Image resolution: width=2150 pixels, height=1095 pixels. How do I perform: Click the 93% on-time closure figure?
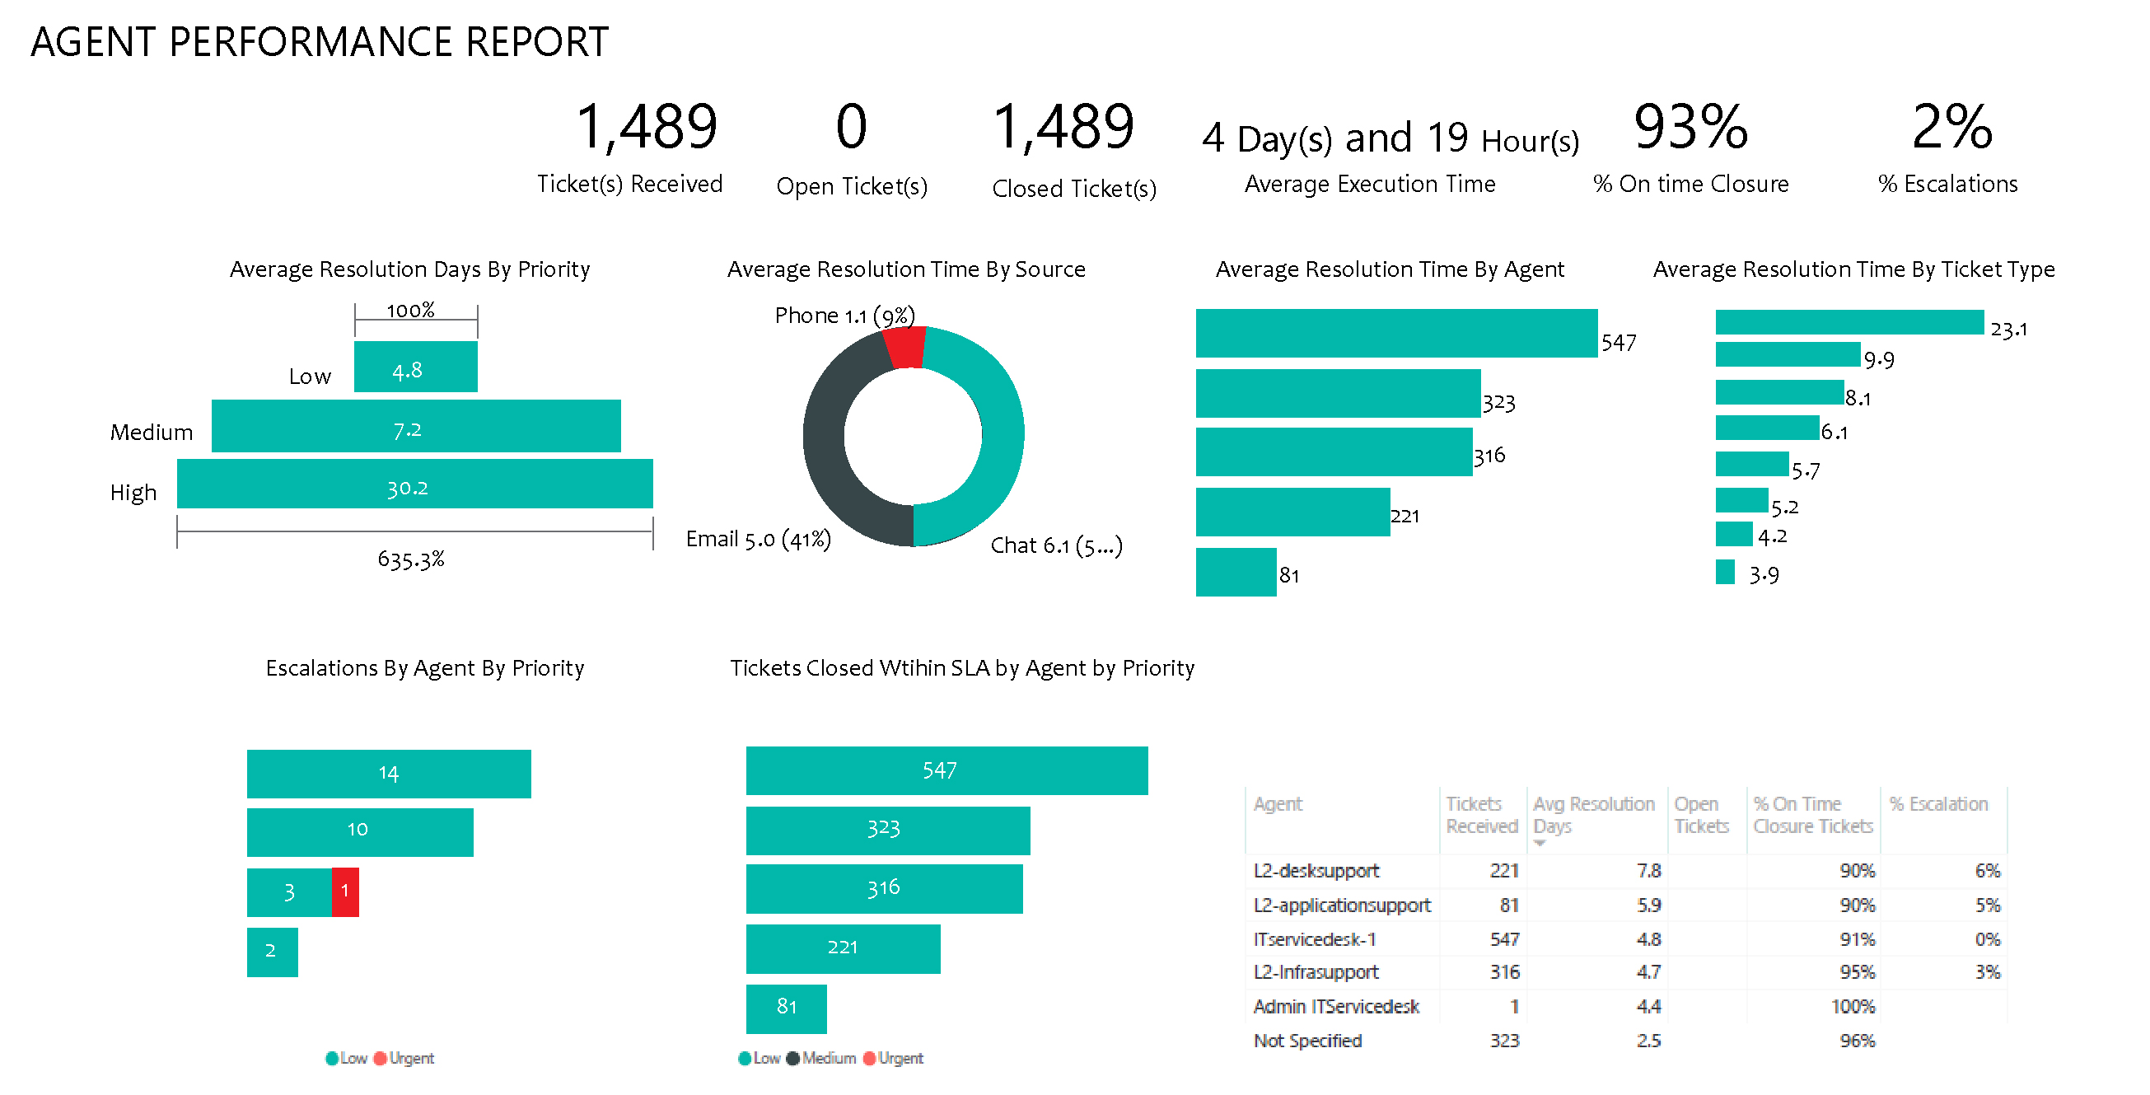pos(1690,127)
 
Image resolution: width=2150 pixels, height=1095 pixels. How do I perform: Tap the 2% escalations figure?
pos(1951,127)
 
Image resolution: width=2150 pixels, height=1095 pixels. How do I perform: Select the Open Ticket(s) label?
pos(851,186)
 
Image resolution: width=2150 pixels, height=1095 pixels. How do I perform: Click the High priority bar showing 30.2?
pos(414,484)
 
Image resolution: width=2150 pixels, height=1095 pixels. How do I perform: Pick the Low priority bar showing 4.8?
pos(415,367)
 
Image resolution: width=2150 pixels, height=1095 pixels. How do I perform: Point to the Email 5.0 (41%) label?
pos(758,539)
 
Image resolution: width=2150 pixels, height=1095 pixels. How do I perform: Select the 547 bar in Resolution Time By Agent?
pos(1395,333)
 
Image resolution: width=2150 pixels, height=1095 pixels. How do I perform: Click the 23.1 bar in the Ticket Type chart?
pos(1849,322)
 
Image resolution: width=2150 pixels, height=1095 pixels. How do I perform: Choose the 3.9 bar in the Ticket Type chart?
pos(1724,573)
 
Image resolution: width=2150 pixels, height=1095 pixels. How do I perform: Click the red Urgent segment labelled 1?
pos(344,892)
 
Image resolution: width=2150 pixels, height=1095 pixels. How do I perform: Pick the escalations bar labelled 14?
pos(388,774)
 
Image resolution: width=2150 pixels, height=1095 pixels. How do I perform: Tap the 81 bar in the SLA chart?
pos(785,1008)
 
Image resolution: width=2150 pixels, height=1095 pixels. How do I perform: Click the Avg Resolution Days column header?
pos(1592,815)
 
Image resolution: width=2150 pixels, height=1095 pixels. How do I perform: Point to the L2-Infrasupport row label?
pos(1316,972)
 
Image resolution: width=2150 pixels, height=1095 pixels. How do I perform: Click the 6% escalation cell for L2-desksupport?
pos(1986,871)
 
